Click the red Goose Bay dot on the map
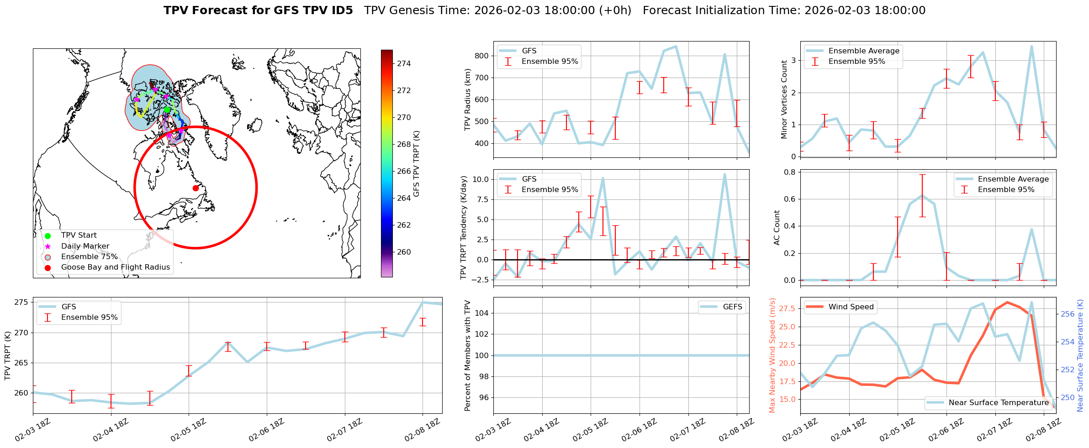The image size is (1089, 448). point(196,188)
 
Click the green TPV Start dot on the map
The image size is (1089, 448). point(167,109)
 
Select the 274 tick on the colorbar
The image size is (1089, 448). point(404,63)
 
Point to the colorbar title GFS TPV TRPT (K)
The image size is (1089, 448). point(416,164)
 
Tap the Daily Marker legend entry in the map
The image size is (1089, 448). point(85,246)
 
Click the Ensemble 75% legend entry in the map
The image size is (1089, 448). point(89,256)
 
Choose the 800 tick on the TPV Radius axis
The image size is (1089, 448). point(482,56)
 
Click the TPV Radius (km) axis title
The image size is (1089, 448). point(467,99)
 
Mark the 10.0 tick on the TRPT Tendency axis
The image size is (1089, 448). point(480,179)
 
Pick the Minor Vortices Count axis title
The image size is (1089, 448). point(784,99)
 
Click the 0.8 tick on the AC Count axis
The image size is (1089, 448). point(789,172)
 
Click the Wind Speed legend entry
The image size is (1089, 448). point(851,307)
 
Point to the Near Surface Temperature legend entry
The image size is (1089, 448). point(998,402)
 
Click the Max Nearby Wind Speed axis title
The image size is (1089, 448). point(772,355)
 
